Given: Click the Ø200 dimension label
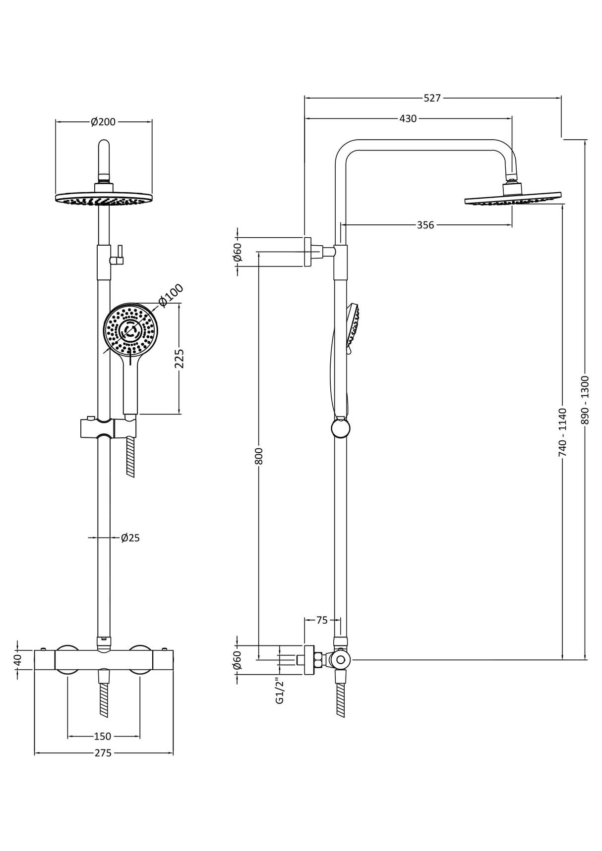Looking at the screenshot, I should click(103, 122).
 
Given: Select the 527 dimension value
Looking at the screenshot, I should click(432, 98).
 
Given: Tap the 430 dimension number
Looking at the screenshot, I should click(408, 119).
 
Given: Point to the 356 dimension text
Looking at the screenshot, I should click(425, 225).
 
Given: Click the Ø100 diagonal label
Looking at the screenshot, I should click(171, 296).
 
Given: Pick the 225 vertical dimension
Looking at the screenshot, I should click(180, 359).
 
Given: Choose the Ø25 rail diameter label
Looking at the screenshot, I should click(130, 538).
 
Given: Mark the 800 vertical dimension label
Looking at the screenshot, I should click(258, 456).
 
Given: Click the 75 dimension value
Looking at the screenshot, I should click(322, 620).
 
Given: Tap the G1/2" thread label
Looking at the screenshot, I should click(280, 691).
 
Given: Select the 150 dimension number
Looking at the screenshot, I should click(103, 737).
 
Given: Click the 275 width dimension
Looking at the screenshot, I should click(103, 753).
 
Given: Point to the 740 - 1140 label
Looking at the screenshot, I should click(562, 432).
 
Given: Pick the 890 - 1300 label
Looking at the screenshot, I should click(585, 400).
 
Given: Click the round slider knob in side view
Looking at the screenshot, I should click(341, 428).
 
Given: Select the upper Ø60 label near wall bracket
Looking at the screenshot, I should click(238, 252).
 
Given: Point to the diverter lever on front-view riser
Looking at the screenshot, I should click(119, 255).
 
